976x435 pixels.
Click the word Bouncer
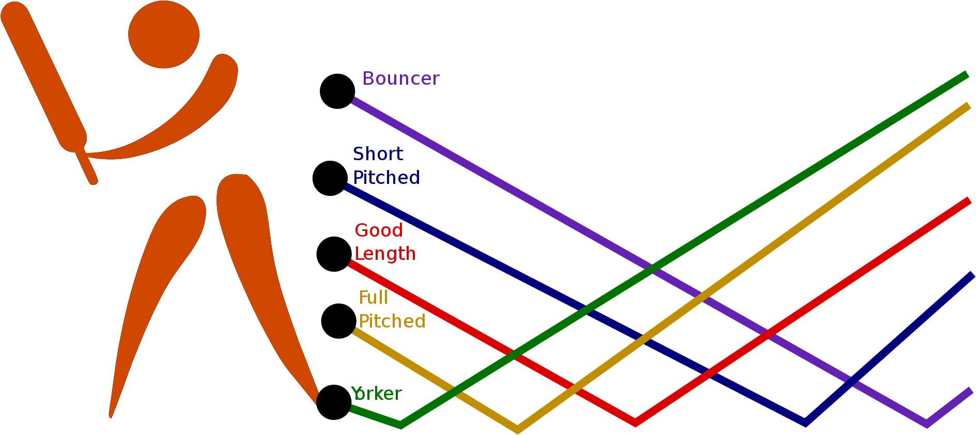pyautogui.click(x=400, y=79)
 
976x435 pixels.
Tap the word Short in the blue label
pyautogui.click(x=378, y=154)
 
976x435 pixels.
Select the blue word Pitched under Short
pyautogui.click(x=386, y=178)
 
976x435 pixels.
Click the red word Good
pyautogui.click(x=378, y=230)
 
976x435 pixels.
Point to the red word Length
pyautogui.click(x=385, y=254)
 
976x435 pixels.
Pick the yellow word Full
pyautogui.click(x=373, y=298)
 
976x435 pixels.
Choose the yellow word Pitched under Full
pyautogui.click(x=392, y=321)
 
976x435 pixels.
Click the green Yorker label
pyautogui.click(x=376, y=394)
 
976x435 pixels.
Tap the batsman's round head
pyautogui.click(x=164, y=35)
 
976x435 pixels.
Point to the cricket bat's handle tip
pyautogui.click(x=93, y=180)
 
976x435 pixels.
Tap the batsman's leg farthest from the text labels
pyautogui.click(x=155, y=284)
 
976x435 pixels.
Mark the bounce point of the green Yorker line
pyautogui.click(x=401, y=425)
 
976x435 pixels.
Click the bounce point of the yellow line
pyautogui.click(x=517, y=429)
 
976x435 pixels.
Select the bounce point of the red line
pyautogui.click(x=635, y=423)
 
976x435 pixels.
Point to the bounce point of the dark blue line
pyautogui.click(x=805, y=423)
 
